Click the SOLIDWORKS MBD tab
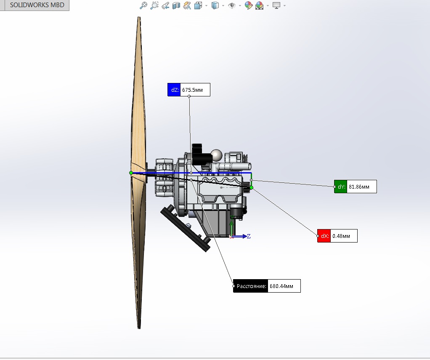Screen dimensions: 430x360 click(x=37, y=5)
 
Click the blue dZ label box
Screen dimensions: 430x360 click(x=174, y=90)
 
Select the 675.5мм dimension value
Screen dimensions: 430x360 click(x=193, y=90)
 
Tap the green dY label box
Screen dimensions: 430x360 click(x=341, y=187)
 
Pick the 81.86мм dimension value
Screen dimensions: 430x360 click(x=359, y=187)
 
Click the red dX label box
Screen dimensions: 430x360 click(x=324, y=236)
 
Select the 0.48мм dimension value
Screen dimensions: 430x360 click(x=341, y=236)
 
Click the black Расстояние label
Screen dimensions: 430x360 click(x=251, y=286)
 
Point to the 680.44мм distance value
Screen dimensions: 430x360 click(x=281, y=286)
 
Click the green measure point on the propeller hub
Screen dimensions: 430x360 click(x=131, y=173)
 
